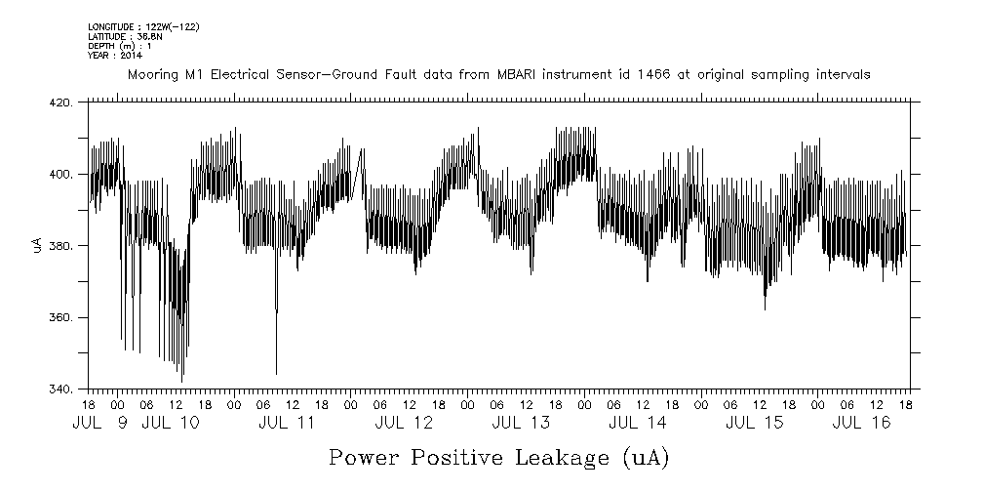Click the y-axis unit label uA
coord(38,246)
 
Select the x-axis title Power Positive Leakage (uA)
coord(498,457)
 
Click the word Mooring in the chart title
coord(151,75)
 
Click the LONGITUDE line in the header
coord(143,26)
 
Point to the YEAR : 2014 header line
coord(115,56)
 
